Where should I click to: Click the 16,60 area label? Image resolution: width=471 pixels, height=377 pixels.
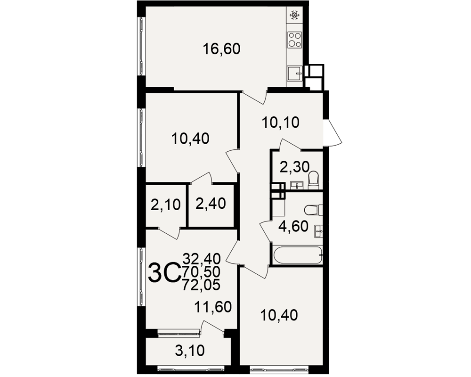pyautogui.click(x=222, y=49)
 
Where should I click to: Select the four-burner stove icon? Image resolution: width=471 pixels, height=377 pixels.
pyautogui.click(x=294, y=40)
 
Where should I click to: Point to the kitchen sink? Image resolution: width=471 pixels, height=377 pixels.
pyautogui.click(x=295, y=74)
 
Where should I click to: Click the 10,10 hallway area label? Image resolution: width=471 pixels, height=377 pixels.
pyautogui.click(x=281, y=123)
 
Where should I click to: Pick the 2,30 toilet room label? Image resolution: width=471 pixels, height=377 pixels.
pyautogui.click(x=294, y=167)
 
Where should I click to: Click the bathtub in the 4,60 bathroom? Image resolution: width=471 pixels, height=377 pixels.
pyautogui.click(x=298, y=255)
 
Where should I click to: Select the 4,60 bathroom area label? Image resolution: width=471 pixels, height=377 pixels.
pyautogui.click(x=293, y=226)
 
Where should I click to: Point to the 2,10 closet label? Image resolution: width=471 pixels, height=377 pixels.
pyautogui.click(x=165, y=205)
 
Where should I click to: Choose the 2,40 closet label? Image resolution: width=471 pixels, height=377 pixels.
pyautogui.click(x=211, y=204)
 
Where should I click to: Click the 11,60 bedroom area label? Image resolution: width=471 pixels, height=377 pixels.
pyautogui.click(x=213, y=307)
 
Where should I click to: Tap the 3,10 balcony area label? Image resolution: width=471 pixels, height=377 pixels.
pyautogui.click(x=189, y=350)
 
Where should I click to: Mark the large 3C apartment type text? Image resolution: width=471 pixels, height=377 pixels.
pyautogui.click(x=164, y=273)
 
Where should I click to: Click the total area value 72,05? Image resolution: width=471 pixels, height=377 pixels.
pyautogui.click(x=202, y=285)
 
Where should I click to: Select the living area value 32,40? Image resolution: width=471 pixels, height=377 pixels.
pyautogui.click(x=202, y=258)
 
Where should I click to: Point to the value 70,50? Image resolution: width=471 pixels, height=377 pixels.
pyautogui.click(x=202, y=271)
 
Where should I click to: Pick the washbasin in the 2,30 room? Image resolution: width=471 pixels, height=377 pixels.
pyautogui.click(x=297, y=185)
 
